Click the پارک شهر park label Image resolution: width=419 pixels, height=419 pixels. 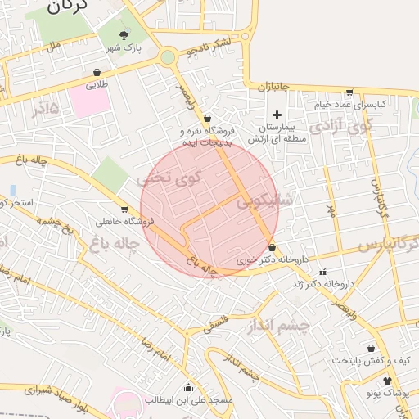pyautogui.click(x=127, y=48)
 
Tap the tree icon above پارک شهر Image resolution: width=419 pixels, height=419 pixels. pyautogui.click(x=124, y=34)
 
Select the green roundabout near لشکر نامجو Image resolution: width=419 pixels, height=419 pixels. pyautogui.click(x=168, y=57)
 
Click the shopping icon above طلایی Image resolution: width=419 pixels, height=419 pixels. pyautogui.click(x=97, y=72)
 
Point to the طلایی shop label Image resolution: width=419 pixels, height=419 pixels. pyautogui.click(x=97, y=84)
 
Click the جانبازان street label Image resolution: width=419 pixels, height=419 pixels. pyautogui.click(x=275, y=86)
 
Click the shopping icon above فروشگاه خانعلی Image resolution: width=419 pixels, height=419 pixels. pyautogui.click(x=124, y=209)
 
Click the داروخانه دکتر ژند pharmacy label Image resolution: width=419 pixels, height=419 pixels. pyautogui.click(x=322, y=284)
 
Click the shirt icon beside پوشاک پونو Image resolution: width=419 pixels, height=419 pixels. pyautogui.click(x=387, y=381)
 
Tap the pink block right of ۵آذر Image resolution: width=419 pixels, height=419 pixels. pyautogui.click(x=88, y=101)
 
